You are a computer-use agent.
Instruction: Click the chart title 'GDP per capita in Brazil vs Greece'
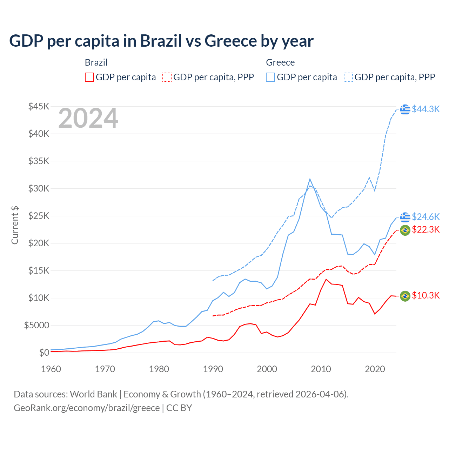[161, 41]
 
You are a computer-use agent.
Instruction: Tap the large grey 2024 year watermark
[88, 118]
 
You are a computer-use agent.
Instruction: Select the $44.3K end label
[425, 109]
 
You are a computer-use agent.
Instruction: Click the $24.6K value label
[425, 217]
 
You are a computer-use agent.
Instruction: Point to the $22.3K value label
[425, 229]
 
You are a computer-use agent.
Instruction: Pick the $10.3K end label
[425, 295]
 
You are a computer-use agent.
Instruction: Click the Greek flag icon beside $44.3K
[405, 109]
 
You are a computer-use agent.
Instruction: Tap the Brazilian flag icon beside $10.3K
[405, 296]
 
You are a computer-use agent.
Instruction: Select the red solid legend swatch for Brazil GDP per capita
[89, 77]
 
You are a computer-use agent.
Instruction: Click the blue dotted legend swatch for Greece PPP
[348, 77]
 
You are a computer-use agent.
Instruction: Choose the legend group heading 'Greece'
[280, 62]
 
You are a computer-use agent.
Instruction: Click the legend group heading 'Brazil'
[96, 62]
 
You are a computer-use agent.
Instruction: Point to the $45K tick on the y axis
[39, 106]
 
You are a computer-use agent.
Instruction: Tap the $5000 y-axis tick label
[36, 325]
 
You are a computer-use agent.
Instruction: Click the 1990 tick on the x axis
[213, 369]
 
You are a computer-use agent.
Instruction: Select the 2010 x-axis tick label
[321, 369]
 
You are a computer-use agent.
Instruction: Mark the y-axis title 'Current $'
[15, 225]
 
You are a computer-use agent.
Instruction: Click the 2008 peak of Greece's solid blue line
[310, 179]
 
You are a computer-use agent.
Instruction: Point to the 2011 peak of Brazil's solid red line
[326, 279]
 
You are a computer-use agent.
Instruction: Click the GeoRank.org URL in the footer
[87, 408]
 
